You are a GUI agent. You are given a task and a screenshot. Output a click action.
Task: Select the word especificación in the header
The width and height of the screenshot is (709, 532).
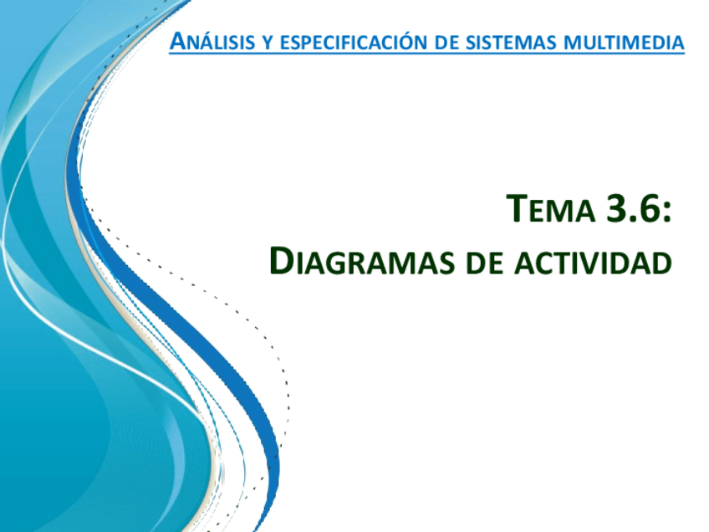click(x=354, y=41)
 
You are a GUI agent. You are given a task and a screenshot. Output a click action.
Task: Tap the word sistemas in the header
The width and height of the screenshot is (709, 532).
click(x=511, y=43)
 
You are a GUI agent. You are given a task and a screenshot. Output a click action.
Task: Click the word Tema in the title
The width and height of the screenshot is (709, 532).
click(x=550, y=208)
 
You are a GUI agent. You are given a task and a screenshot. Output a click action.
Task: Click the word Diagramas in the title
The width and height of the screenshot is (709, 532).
click(x=362, y=262)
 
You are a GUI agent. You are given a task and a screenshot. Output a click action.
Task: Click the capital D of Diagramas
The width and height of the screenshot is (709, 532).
click(x=280, y=261)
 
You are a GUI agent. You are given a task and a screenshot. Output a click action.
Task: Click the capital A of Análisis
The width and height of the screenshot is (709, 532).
click(x=178, y=41)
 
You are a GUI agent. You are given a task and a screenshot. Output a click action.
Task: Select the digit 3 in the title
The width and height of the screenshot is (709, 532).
click(x=617, y=208)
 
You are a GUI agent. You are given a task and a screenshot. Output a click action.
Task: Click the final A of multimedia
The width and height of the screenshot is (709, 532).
click(x=677, y=43)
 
